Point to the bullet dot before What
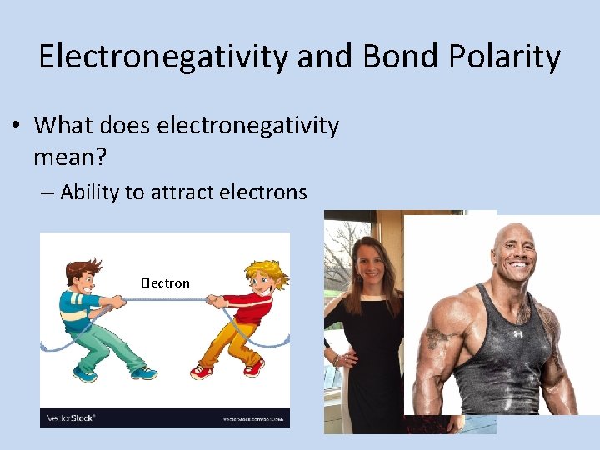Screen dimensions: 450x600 coord(16,127)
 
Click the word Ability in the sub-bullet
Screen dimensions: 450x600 coord(89,192)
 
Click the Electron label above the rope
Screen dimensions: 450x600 coord(165,283)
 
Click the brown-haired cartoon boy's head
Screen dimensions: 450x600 coord(82,274)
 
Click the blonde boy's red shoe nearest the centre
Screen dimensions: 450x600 coord(201,370)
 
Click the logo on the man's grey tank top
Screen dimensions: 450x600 coord(517,333)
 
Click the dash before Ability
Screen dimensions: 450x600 coord(47,193)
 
